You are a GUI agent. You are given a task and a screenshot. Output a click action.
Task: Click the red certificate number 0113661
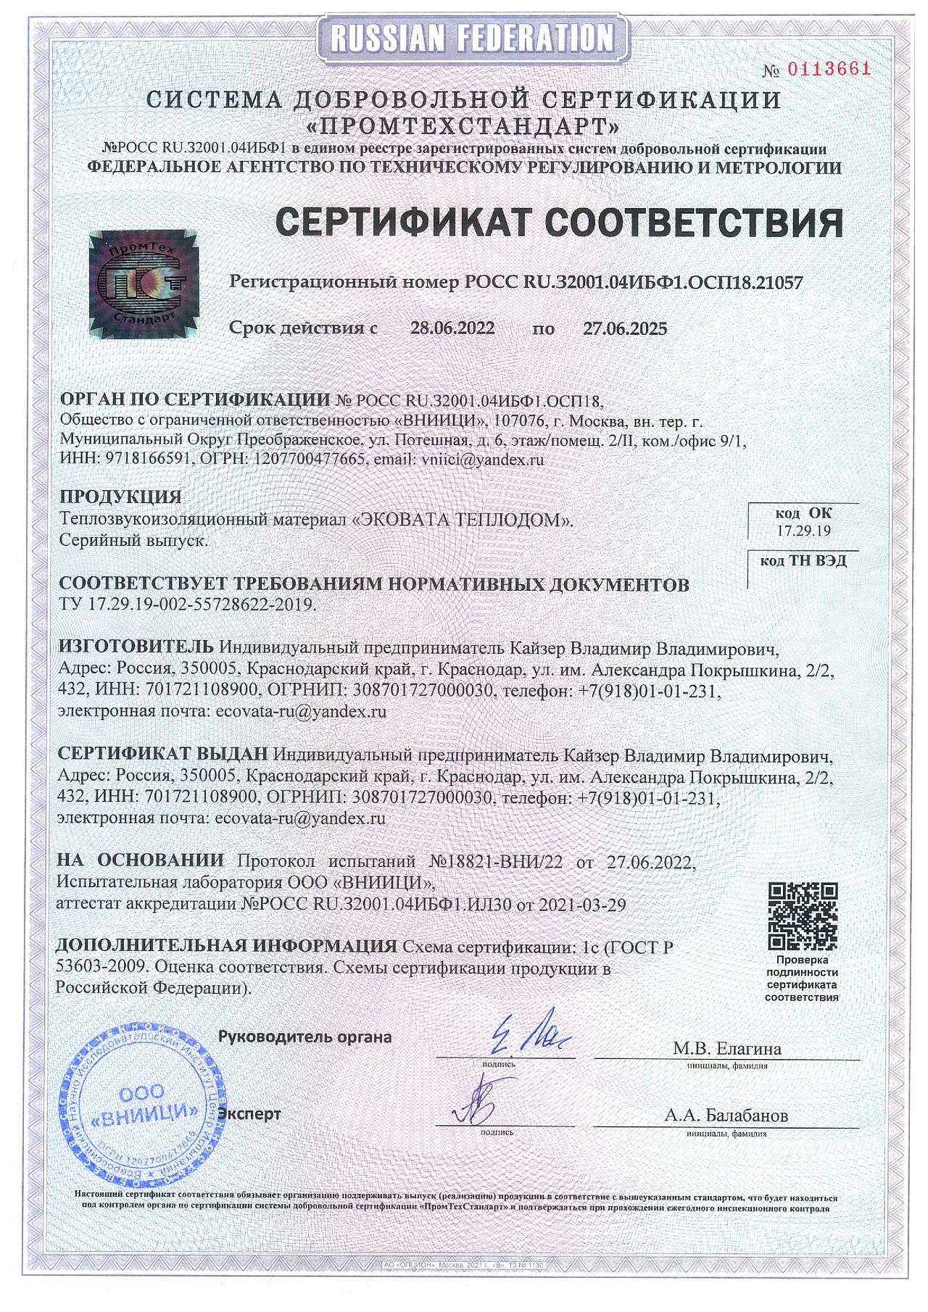click(828, 70)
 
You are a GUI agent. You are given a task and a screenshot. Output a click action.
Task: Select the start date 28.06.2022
click(452, 328)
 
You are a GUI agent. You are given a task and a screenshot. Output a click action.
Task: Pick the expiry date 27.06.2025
click(625, 328)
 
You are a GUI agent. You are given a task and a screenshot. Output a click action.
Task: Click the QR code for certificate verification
click(803, 916)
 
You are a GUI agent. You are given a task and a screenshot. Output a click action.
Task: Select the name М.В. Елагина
click(726, 1048)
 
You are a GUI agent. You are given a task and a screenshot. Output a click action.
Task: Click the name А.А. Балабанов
click(726, 1116)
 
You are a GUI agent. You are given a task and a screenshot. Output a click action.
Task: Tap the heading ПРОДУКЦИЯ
click(120, 497)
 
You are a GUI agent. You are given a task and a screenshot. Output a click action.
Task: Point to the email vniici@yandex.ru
click(482, 460)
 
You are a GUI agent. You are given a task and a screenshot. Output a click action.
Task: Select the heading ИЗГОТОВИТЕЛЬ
click(136, 646)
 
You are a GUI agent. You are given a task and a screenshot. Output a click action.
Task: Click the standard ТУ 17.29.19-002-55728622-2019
click(187, 605)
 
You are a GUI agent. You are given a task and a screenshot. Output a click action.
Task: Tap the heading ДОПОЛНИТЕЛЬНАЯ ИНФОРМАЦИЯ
click(226, 946)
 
